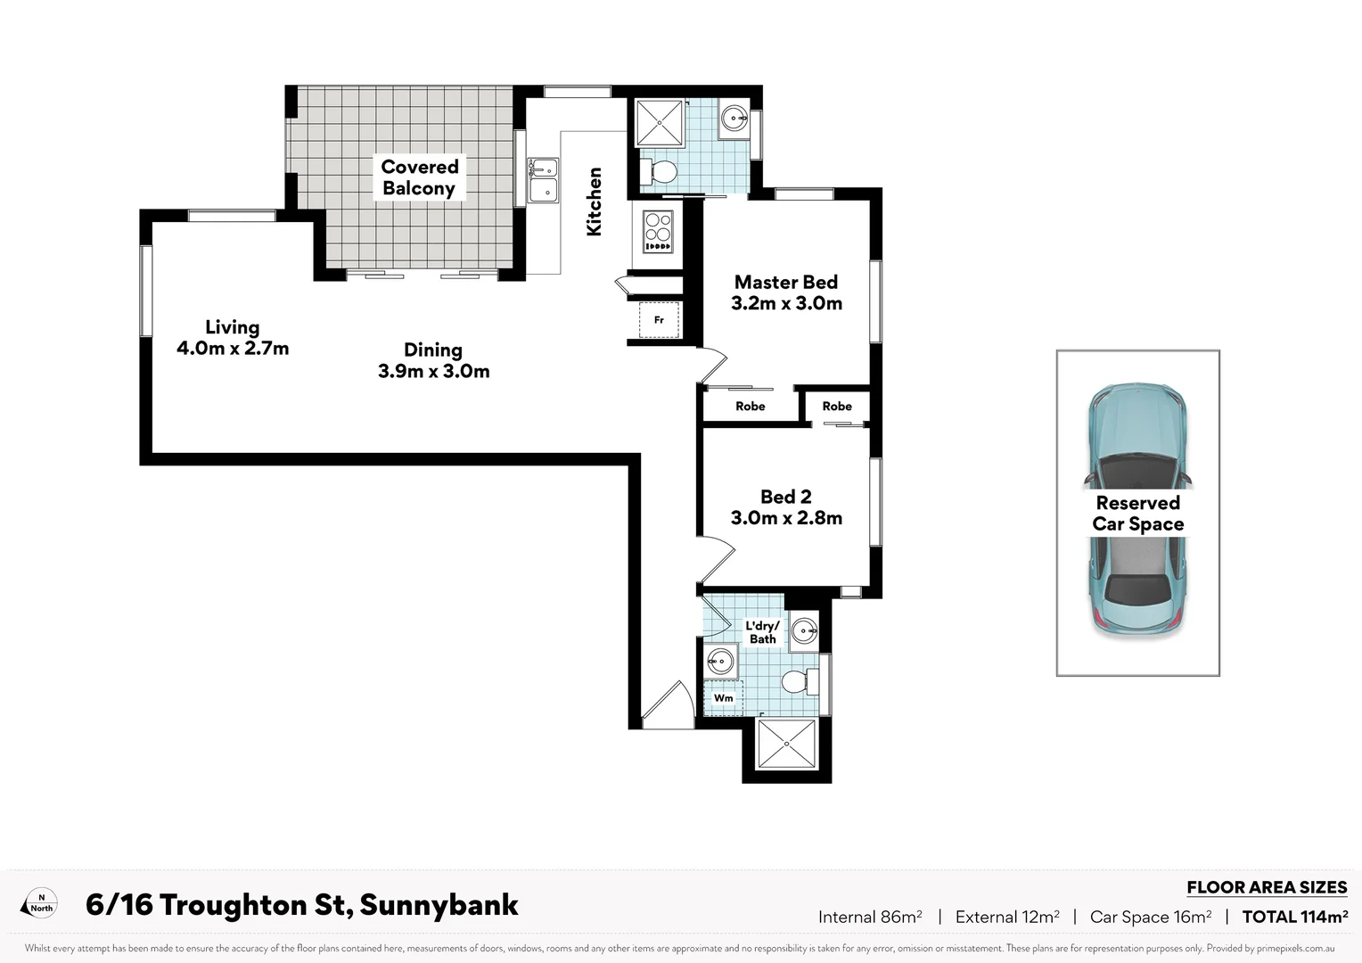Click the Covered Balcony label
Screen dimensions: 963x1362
click(x=419, y=177)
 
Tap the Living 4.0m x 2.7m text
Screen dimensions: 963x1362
click(x=233, y=338)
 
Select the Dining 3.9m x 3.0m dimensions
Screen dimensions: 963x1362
click(x=433, y=371)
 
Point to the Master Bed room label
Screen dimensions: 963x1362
click(x=786, y=283)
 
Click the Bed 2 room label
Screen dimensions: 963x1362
click(x=785, y=497)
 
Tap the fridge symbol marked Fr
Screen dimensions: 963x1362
click(x=659, y=320)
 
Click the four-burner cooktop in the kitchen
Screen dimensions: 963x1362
click(x=658, y=231)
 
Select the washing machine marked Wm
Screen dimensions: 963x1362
click(x=723, y=697)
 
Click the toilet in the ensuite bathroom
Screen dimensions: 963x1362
click(x=661, y=171)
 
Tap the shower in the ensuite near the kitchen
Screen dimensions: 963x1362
click(x=660, y=123)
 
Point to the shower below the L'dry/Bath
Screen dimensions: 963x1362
click(x=786, y=744)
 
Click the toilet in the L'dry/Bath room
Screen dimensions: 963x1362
click(x=796, y=682)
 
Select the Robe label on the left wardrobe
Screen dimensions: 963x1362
click(x=750, y=406)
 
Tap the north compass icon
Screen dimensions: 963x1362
click(x=40, y=903)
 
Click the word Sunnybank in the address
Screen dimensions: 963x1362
click(x=439, y=905)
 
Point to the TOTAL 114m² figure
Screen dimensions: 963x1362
click(x=1294, y=917)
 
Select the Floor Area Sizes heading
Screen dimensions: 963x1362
click(x=1266, y=887)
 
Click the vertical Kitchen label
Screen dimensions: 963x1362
click(x=595, y=202)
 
